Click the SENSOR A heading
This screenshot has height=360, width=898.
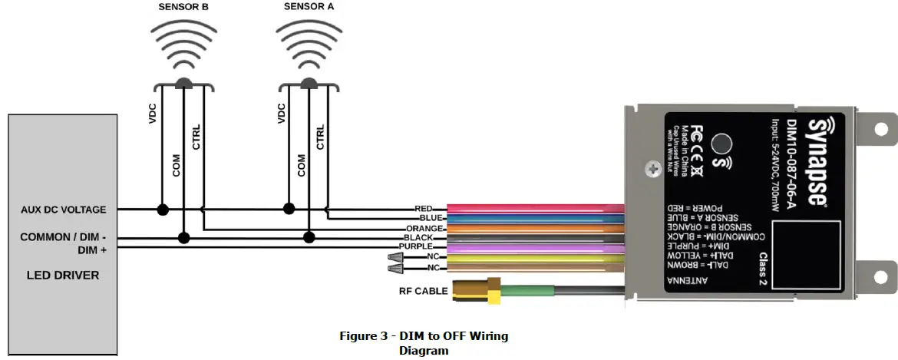pos(309,7)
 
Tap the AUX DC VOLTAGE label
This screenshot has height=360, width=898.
pos(64,210)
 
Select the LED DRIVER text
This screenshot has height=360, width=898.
pos(63,275)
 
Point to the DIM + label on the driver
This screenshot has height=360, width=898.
pos(92,250)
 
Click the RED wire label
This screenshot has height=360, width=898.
pos(424,208)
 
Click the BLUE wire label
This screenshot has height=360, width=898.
pos(424,218)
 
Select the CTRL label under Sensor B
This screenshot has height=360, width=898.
pos(196,137)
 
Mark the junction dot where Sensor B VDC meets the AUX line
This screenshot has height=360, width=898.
pos(163,209)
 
